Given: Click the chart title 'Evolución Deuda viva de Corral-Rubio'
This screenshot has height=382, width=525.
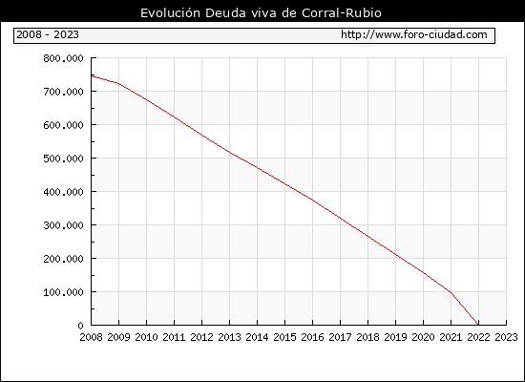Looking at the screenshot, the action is [261, 12].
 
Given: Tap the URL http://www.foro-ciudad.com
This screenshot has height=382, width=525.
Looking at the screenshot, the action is [414, 34].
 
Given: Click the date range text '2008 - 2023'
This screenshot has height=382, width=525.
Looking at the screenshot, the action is [48, 34].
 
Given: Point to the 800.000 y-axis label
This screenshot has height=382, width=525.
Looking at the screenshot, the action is [63, 58].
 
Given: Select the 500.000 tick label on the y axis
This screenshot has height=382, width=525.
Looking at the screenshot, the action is [63, 159].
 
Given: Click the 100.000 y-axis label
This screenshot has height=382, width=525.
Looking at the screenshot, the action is [63, 292].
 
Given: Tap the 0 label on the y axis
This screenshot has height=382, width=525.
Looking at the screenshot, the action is [80, 326].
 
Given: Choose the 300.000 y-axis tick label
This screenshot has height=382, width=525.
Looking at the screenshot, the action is [63, 225].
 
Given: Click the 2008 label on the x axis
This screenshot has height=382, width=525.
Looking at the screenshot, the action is [91, 337].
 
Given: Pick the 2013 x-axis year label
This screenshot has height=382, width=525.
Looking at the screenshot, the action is [229, 337].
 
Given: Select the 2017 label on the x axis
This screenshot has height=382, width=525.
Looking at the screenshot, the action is [340, 337].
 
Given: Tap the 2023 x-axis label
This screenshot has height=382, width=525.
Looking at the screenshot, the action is [506, 337].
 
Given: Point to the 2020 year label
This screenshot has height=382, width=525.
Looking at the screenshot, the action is [423, 337].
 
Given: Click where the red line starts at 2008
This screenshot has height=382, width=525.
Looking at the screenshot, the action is [92, 76].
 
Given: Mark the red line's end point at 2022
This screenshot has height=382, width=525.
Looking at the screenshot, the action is [478, 325].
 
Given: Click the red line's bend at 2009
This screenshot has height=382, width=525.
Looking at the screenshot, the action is [119, 83].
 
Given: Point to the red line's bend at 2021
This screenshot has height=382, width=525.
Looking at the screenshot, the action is [451, 293].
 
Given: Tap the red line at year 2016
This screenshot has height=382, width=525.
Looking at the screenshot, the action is [313, 200].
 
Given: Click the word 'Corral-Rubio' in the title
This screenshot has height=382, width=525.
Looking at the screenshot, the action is [342, 12].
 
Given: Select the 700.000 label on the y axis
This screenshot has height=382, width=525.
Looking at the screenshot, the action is [63, 92].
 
